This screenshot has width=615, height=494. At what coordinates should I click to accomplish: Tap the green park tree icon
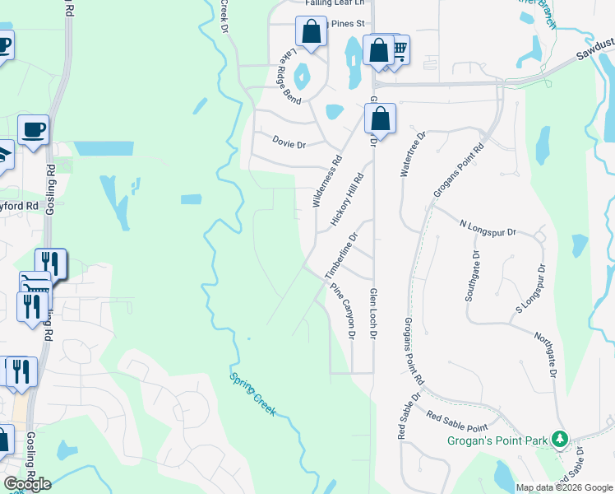coord(560,439)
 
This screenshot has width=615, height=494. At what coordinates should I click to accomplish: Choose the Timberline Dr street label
coord(342,255)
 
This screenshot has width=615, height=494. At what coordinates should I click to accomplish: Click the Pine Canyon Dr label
coord(343,312)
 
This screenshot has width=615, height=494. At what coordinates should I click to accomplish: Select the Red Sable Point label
coord(456,418)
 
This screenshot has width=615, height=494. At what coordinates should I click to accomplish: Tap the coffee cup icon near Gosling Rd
coord(33,129)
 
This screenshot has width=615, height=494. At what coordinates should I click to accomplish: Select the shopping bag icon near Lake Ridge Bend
coord(312,33)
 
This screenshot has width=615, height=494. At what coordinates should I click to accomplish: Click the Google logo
coord(27,484)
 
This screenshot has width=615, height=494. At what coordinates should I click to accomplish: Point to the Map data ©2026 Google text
coord(563,487)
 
